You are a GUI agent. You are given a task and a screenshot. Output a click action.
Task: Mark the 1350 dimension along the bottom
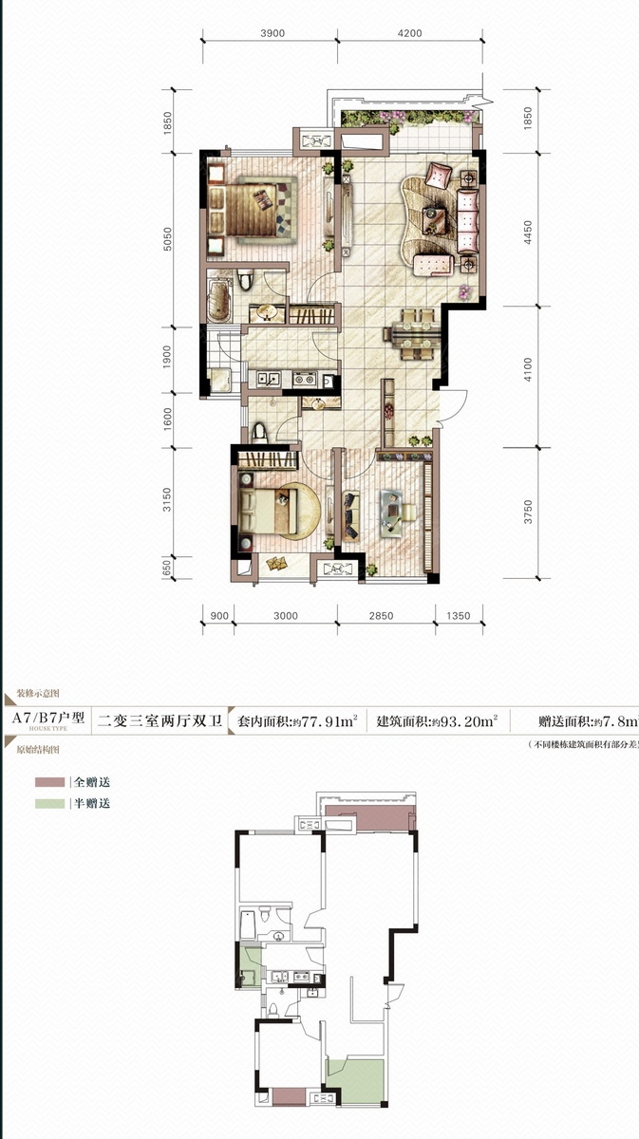458,616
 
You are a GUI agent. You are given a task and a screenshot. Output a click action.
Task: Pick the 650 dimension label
167,569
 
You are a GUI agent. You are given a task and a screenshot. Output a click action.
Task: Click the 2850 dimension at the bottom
381,616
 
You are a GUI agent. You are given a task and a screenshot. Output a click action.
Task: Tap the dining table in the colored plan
413,333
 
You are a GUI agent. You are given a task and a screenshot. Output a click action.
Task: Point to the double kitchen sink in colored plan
266,379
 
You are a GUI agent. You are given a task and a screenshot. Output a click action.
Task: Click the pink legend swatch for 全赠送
49,783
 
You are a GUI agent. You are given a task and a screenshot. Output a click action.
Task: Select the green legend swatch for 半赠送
49,804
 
